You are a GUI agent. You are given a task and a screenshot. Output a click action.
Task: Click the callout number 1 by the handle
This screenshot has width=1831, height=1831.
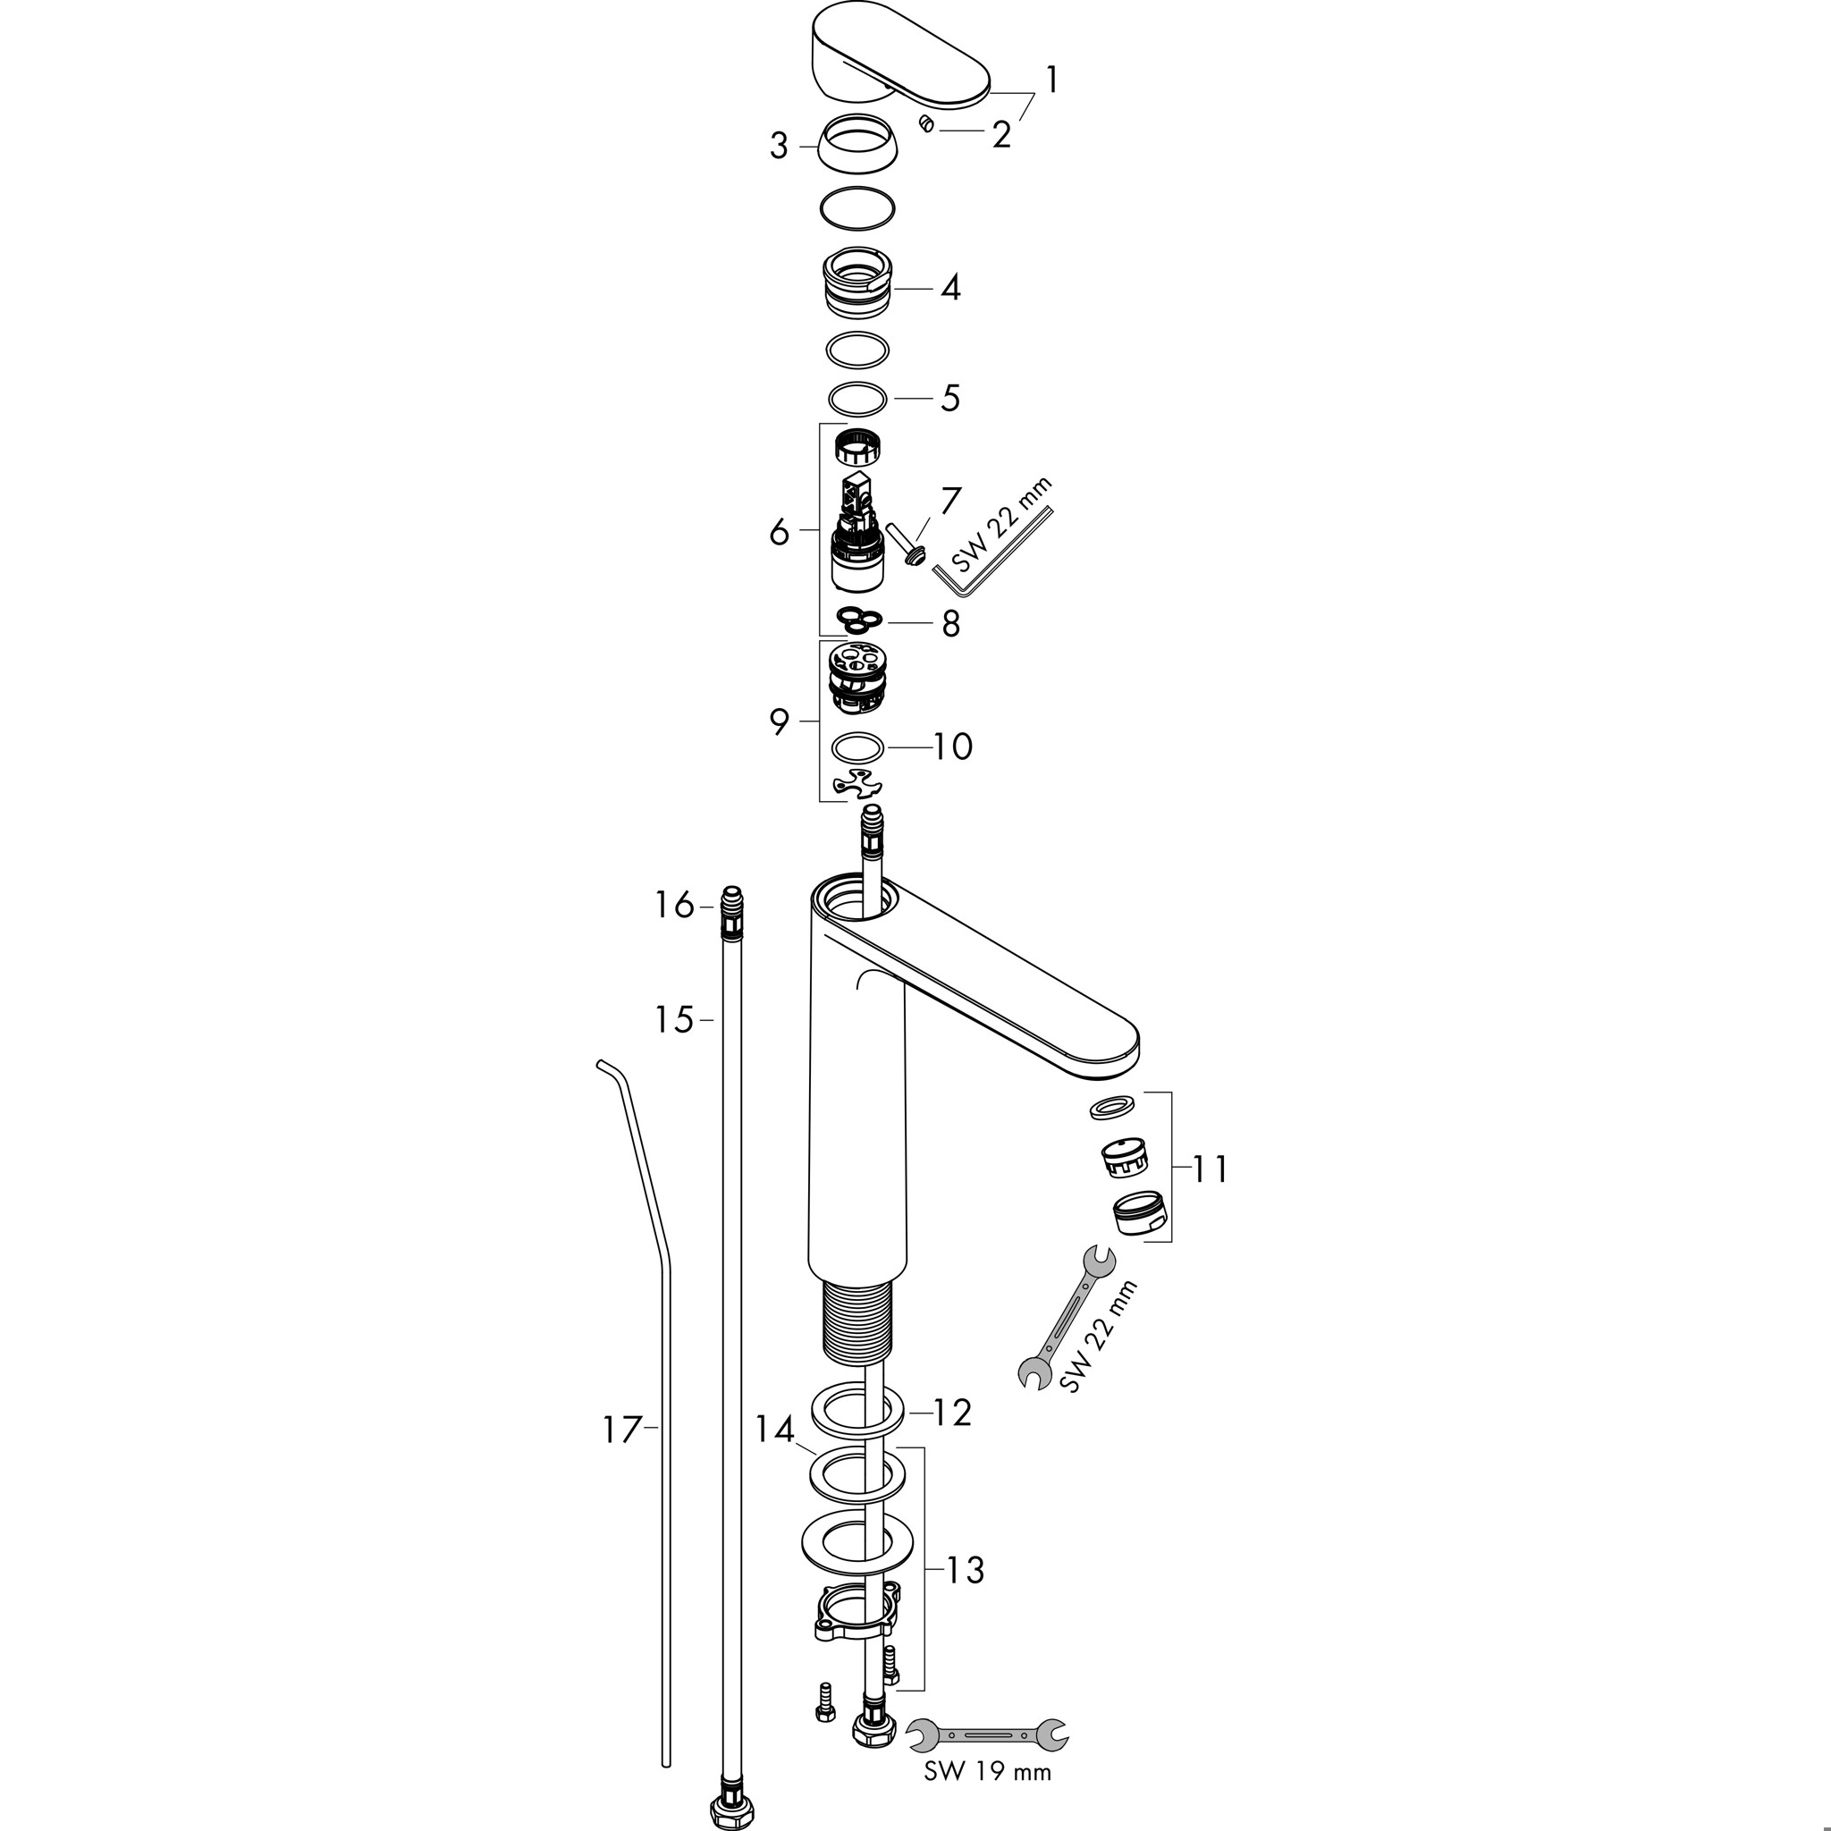click(x=1051, y=80)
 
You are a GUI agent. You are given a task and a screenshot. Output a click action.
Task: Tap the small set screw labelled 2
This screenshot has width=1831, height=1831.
click(x=926, y=124)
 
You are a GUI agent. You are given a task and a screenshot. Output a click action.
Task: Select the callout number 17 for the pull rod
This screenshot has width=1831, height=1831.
click(x=622, y=1430)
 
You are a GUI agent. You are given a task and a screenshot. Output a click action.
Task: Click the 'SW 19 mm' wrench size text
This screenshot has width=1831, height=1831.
click(x=988, y=1771)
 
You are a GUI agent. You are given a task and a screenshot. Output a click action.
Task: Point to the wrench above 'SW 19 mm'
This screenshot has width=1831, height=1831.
click(x=987, y=1734)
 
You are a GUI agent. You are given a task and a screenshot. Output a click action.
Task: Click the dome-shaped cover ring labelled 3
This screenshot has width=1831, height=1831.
click(x=856, y=144)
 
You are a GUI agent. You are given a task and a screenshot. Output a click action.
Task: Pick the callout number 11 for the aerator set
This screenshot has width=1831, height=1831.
click(x=1211, y=1169)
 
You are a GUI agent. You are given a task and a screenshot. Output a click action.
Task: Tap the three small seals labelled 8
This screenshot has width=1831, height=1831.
click(x=858, y=620)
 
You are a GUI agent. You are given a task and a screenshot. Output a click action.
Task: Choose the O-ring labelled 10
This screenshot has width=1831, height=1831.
click(x=857, y=747)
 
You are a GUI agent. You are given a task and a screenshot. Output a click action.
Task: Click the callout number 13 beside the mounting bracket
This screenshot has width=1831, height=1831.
click(x=966, y=1570)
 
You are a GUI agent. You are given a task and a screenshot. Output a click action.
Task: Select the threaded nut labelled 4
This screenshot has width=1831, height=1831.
click(x=857, y=284)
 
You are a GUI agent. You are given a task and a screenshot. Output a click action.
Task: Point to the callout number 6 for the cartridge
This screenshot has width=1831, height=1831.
click(x=779, y=533)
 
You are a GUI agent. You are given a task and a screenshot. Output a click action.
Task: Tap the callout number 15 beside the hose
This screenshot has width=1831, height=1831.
click(x=674, y=1021)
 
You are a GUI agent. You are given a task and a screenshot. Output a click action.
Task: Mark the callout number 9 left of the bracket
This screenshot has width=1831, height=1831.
click(x=779, y=722)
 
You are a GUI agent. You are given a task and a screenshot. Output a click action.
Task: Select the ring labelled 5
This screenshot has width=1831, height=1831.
click(x=857, y=399)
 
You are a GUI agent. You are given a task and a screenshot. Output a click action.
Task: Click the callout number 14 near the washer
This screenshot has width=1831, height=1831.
click(x=773, y=1430)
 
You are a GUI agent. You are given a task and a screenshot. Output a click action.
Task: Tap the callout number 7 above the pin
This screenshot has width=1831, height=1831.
click(x=950, y=501)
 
